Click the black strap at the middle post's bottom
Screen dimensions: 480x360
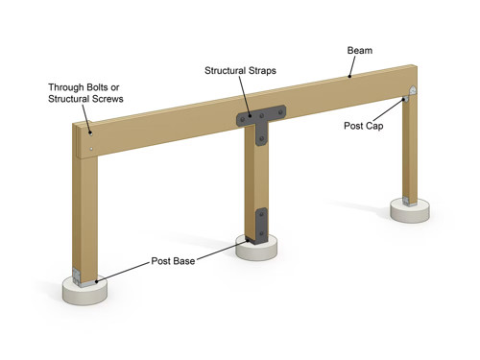[x=257, y=224]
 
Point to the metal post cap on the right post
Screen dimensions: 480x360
[x=411, y=94]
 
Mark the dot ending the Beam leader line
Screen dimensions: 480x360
[x=351, y=74]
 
